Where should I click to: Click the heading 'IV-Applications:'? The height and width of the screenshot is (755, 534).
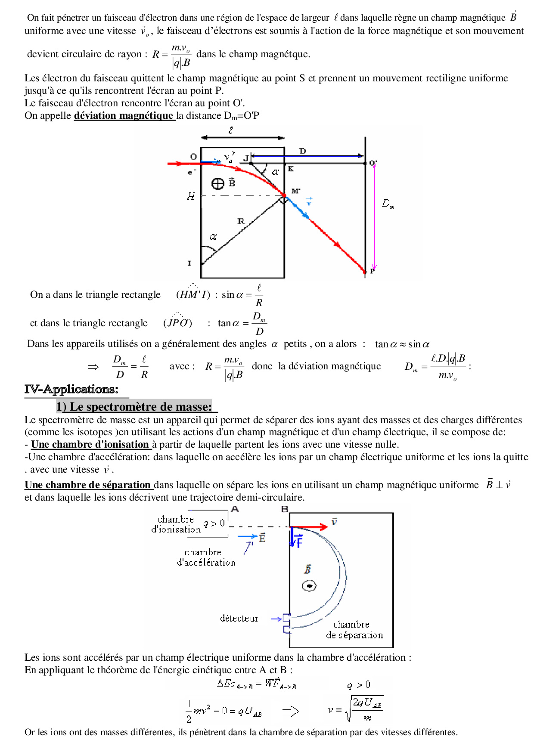point(71,389)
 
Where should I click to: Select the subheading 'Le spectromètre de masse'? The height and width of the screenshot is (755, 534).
point(137,407)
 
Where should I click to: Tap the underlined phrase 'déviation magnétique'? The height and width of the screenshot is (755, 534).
point(124,115)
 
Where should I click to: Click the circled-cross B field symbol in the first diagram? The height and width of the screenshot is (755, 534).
point(218,184)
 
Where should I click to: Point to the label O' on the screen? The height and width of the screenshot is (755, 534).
point(373,163)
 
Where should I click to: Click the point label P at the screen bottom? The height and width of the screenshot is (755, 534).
point(373,271)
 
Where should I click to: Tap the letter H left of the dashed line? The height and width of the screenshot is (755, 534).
point(191,196)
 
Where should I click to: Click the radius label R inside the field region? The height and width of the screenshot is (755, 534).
point(241,221)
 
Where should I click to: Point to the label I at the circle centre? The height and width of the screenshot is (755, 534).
point(189,263)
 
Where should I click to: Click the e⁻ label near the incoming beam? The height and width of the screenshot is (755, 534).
point(192,173)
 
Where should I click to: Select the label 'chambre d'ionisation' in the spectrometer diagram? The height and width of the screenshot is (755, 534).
point(176,524)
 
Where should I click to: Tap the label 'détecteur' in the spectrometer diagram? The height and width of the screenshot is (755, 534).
point(239,619)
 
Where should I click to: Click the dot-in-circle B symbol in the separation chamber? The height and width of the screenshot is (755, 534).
point(309,586)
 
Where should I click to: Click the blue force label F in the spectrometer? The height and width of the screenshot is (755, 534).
point(299,541)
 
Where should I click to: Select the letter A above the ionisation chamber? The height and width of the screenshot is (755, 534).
point(235,509)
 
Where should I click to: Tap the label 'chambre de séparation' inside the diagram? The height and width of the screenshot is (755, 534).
point(354,630)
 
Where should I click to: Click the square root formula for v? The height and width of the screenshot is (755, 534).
point(356,708)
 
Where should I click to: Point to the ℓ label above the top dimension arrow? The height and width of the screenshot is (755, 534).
point(231,130)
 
